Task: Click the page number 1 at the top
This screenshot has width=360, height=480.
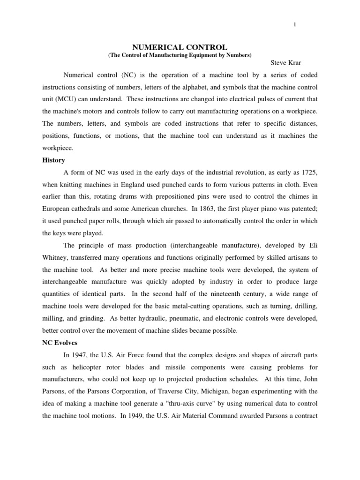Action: (295, 25)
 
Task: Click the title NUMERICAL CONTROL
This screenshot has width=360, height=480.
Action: (180, 47)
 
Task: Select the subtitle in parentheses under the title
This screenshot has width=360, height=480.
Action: (180, 55)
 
